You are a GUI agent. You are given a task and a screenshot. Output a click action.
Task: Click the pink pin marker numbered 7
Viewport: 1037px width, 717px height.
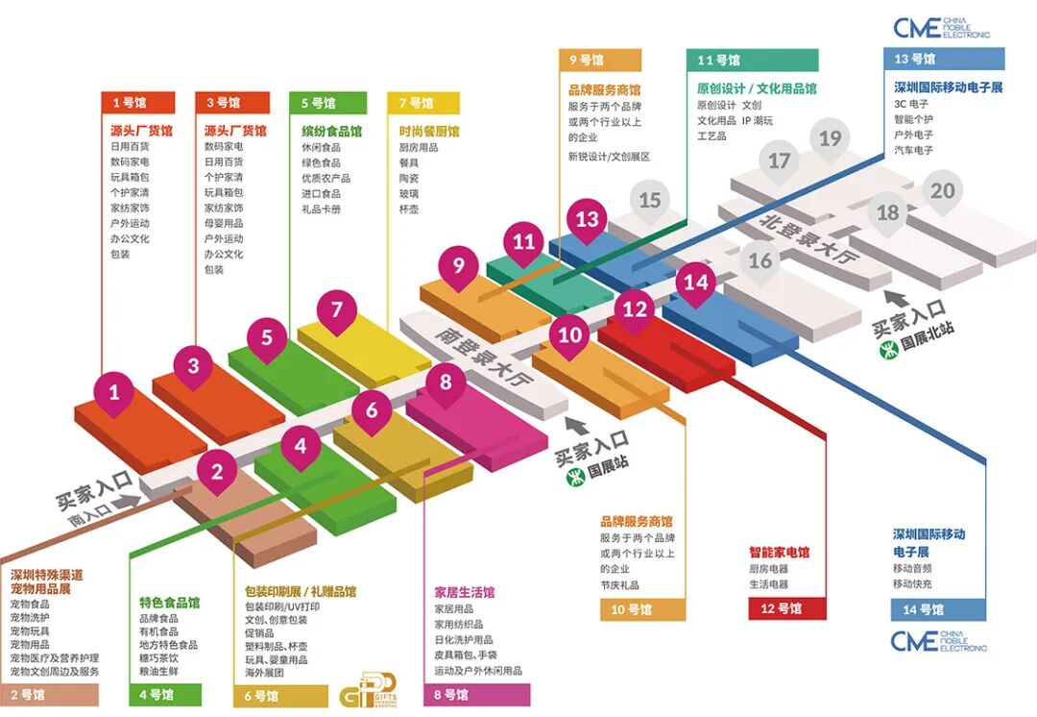(336, 309)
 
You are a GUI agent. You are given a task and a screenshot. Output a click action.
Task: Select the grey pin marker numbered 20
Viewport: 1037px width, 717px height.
(943, 190)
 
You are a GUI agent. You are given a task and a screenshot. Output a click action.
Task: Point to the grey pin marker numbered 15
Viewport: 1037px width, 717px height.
(650, 200)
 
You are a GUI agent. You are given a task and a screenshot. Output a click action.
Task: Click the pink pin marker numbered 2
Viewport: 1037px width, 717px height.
(217, 471)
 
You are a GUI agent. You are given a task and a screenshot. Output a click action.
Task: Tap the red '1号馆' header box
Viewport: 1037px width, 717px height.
(137, 103)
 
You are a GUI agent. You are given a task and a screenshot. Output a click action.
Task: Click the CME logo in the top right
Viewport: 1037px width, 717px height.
(940, 28)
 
